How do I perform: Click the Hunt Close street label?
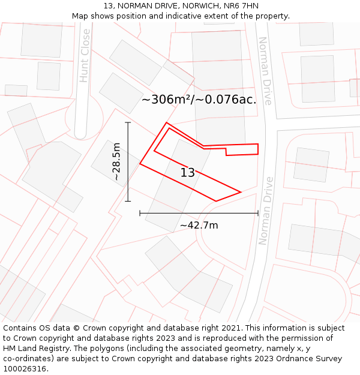click(85, 55)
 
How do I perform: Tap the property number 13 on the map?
click(187, 173)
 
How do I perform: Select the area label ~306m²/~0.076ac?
click(199, 100)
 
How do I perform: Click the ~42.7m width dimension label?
click(199, 226)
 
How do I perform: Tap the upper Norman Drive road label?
click(265, 70)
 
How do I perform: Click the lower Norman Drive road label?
click(265, 211)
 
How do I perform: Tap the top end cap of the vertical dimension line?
click(128, 122)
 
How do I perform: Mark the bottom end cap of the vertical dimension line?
click(128, 201)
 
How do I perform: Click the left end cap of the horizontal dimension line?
click(140, 213)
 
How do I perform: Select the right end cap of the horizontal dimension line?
click(258, 213)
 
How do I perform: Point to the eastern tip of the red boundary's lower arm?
click(241, 192)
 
